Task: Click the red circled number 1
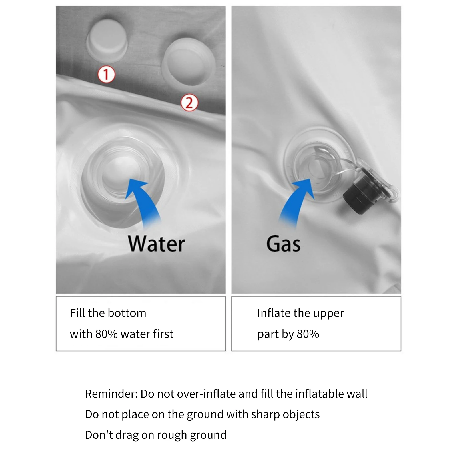[106, 75]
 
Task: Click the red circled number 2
[189, 103]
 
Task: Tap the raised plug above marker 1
[107, 41]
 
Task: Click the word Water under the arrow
[157, 244]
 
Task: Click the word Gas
[284, 244]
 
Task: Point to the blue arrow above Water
[143, 201]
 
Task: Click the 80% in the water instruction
[107, 334]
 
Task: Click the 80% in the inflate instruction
[308, 334]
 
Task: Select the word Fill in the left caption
[77, 313]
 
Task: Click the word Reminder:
[111, 394]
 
